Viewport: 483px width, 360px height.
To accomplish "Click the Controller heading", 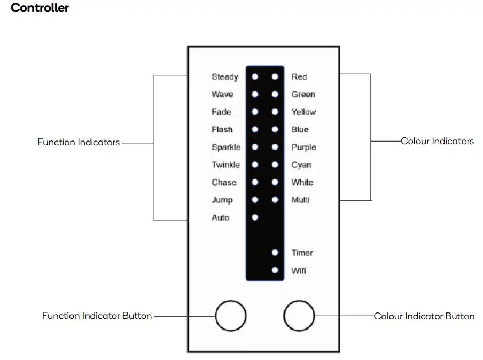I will point(40,8).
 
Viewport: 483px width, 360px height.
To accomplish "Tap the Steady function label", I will point(224,77).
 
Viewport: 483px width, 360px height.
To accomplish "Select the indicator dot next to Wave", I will point(255,95).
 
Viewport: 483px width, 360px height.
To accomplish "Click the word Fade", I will point(221,112).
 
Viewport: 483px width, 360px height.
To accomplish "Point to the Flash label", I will point(222,130).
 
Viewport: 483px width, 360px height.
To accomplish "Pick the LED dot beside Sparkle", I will point(255,147).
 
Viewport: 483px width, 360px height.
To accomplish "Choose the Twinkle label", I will point(225,165).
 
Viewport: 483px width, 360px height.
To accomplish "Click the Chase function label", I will point(224,183).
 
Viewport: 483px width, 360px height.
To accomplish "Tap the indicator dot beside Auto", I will point(255,217).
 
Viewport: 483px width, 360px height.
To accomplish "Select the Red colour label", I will point(299,77).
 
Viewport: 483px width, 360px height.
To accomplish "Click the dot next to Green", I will point(275,95).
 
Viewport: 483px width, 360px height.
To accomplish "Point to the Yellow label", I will point(303,112).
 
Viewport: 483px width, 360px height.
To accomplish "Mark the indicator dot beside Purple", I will point(275,147).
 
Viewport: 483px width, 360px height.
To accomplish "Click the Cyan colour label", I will point(301,165).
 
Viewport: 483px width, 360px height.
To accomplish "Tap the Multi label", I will point(300,200).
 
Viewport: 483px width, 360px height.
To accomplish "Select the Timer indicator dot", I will point(275,253).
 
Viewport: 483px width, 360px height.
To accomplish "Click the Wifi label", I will point(299,271).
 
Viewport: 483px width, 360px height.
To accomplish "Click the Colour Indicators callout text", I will point(437,142).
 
